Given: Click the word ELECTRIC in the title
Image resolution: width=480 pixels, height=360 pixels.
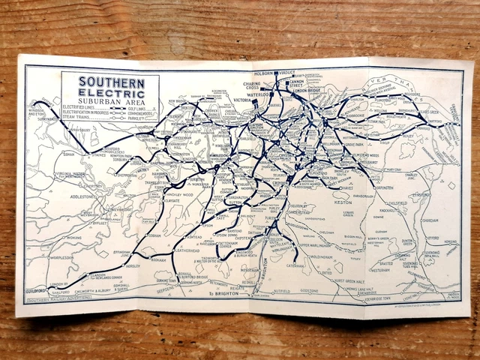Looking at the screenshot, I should click(x=109, y=92).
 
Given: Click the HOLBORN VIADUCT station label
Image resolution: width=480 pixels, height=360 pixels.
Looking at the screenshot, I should click(x=276, y=73).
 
